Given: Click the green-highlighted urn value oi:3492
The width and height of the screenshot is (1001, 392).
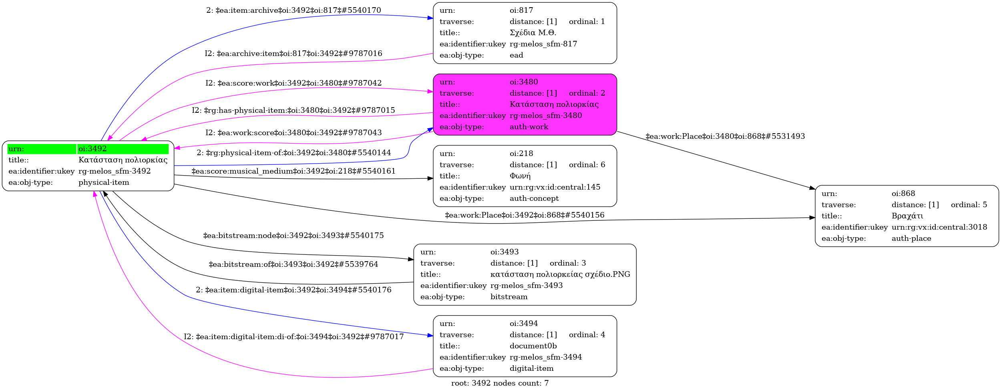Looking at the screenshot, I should [x=92, y=149].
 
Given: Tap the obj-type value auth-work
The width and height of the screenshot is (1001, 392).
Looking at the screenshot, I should [x=529, y=127].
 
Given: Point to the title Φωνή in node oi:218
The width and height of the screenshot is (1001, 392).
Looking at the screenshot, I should [x=520, y=176].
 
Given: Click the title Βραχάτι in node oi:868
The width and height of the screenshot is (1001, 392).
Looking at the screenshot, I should [x=907, y=216].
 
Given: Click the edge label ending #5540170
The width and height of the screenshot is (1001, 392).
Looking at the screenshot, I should [x=293, y=10].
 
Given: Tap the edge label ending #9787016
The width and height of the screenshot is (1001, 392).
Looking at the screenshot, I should [x=293, y=54].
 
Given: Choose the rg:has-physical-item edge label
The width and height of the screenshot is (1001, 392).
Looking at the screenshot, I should [x=293, y=110].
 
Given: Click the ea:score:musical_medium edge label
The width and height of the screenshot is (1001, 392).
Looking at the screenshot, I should [x=293, y=171].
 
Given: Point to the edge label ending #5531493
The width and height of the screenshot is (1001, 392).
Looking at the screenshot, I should [x=725, y=136].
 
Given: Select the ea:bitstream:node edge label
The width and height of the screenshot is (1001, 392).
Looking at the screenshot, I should [x=293, y=236].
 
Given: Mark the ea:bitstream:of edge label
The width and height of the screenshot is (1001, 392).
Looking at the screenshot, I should [x=293, y=264].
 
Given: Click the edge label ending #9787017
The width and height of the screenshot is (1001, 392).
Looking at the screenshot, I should [x=293, y=337].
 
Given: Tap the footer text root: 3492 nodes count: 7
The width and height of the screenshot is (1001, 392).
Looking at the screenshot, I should [x=500, y=383].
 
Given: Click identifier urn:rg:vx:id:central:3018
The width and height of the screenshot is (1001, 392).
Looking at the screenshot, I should [x=939, y=227].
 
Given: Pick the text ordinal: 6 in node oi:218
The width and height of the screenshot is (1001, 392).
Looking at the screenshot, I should [x=587, y=165].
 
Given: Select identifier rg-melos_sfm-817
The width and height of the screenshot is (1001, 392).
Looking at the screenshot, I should [x=543, y=44].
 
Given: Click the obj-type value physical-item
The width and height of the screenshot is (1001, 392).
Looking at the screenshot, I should [x=104, y=182].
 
